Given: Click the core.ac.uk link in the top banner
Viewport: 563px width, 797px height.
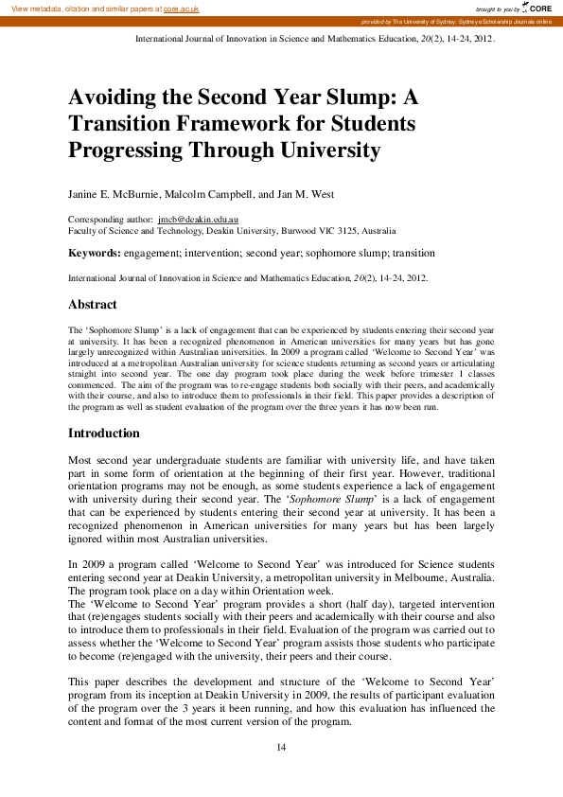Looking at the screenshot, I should [x=183, y=8].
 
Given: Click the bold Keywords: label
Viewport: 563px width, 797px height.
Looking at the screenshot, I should [x=95, y=254].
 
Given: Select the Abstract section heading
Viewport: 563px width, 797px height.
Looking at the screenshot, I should [x=93, y=305].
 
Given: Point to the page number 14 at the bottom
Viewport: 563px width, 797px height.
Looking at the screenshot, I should [x=281, y=748].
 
